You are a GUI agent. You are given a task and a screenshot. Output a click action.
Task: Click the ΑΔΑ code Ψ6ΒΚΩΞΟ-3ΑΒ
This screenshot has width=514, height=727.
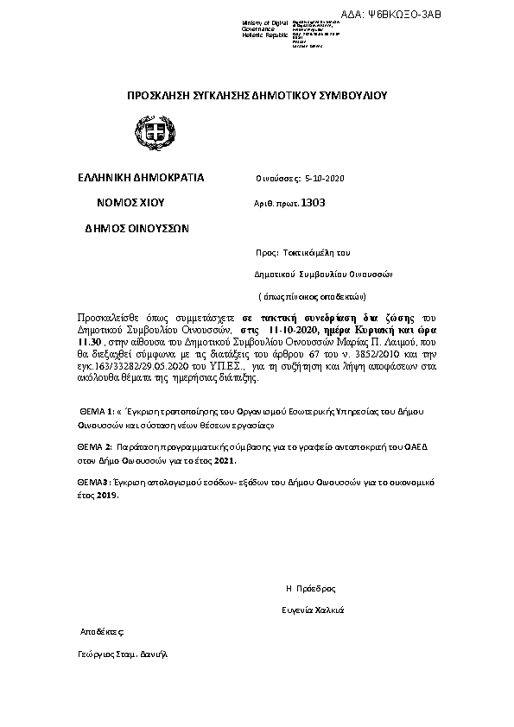pos(464,14)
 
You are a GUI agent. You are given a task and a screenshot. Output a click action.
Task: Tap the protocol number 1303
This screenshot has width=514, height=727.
pos(313,203)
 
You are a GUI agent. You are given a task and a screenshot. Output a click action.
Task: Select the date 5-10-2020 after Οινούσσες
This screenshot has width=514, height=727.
pos(326,179)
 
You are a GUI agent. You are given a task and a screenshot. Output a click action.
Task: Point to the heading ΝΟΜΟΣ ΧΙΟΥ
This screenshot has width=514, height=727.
pos(130,203)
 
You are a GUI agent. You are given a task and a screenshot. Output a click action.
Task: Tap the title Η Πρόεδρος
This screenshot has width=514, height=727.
pos(310,588)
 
